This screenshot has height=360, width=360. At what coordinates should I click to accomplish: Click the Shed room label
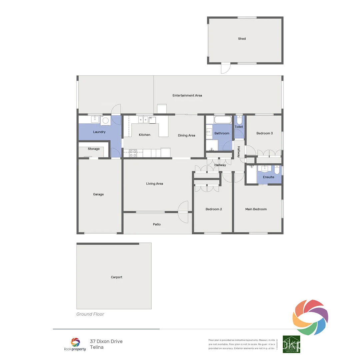tap(242, 39)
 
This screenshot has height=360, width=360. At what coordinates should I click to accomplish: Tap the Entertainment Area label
tap(187, 96)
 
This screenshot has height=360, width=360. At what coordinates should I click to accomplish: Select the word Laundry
tap(99, 132)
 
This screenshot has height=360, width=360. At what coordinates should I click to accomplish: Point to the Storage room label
tap(94, 149)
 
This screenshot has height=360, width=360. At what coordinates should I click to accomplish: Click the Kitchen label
tap(144, 135)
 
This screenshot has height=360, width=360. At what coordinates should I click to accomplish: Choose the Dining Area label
tap(186, 136)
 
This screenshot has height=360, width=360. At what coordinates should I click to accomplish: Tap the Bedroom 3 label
tap(264, 133)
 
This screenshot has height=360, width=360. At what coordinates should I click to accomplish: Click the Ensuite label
tap(268, 177)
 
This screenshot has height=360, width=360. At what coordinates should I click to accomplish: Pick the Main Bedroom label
tap(256, 209)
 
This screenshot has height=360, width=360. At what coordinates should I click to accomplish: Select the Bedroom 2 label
tap(213, 209)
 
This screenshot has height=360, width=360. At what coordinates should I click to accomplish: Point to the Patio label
tap(157, 225)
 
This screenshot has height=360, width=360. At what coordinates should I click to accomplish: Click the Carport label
tap(117, 277)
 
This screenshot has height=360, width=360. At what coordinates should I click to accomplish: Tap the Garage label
tap(98, 194)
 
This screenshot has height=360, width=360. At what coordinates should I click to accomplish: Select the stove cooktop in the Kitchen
tap(133, 153)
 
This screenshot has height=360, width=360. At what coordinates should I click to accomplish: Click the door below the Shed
tap(225, 69)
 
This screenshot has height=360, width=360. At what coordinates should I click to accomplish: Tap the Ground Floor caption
tap(90, 314)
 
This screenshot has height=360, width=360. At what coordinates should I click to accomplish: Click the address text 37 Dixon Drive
tap(106, 341)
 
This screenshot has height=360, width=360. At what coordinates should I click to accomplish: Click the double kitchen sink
tap(143, 119)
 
